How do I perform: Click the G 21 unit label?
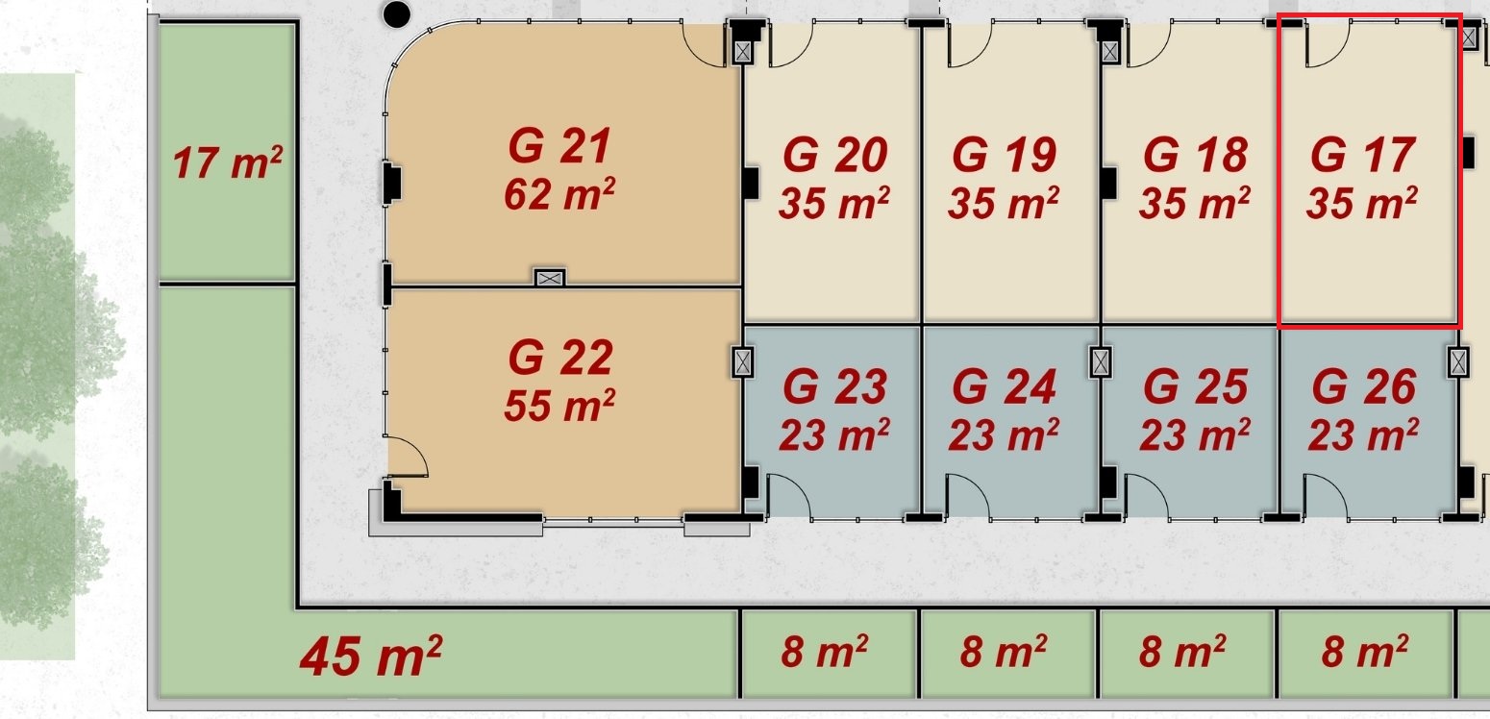[x=559, y=146]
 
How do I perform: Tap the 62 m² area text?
[x=559, y=194]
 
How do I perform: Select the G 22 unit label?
[x=560, y=358]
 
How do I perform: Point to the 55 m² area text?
[x=559, y=405]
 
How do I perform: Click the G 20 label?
[x=834, y=155]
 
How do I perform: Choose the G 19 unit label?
[x=1004, y=155]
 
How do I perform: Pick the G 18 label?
[x=1195, y=155]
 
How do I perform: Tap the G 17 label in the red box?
[x=1362, y=155]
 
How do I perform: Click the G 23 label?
[x=834, y=386]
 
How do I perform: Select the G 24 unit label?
[x=1004, y=386]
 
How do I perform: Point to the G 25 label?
[x=1195, y=386]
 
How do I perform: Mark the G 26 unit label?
[x=1364, y=386]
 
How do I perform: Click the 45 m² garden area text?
[x=370, y=656]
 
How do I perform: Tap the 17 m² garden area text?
[x=227, y=162]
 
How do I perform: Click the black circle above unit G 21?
[x=396, y=14]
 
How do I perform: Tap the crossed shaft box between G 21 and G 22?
[x=550, y=278]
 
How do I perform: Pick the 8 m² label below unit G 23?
[x=824, y=651]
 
